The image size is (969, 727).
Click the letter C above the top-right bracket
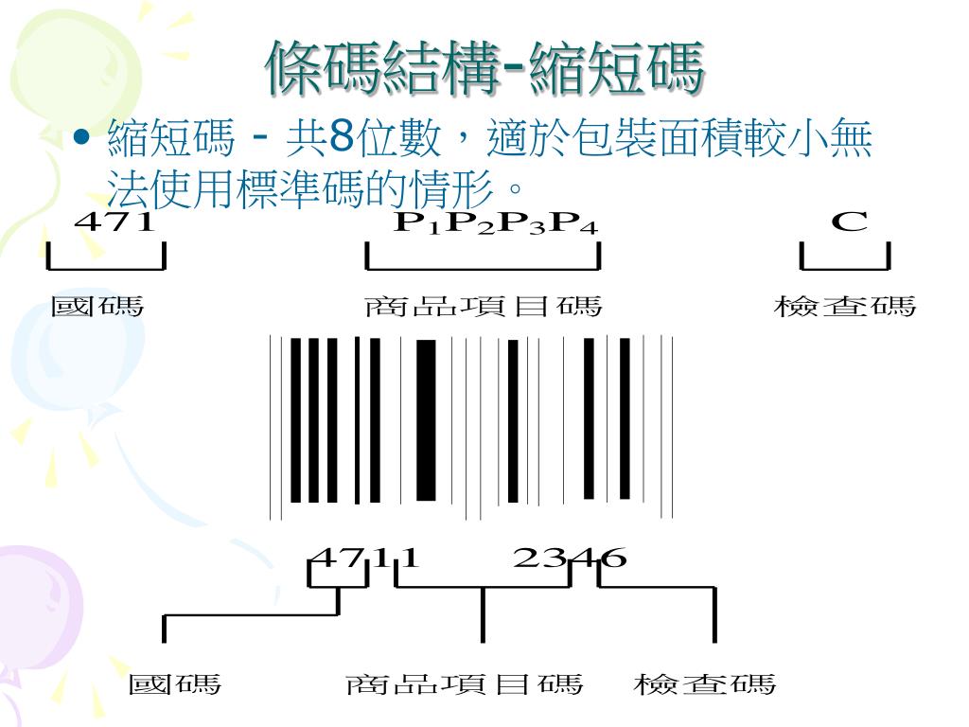click(849, 222)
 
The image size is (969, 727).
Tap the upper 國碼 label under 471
click(97, 307)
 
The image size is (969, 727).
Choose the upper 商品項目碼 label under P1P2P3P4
click(483, 307)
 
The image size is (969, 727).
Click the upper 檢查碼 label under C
click(845, 307)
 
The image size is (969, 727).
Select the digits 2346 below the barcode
click(569, 558)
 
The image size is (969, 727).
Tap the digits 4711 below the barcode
click(363, 558)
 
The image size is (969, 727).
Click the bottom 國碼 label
click(175, 683)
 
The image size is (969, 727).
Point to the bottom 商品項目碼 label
click(465, 683)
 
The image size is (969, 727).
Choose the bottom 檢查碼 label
click(705, 683)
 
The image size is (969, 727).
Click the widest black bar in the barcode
click(426, 419)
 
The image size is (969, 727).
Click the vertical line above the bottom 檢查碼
click(714, 615)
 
